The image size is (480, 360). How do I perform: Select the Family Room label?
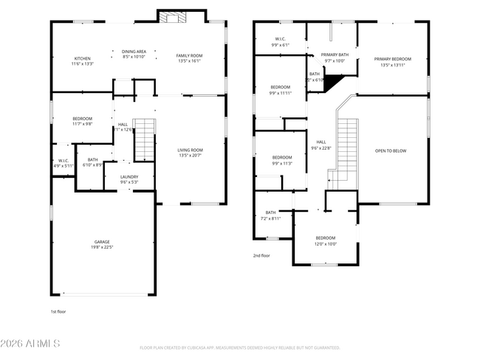(189, 58)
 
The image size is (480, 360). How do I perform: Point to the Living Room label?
(190, 152)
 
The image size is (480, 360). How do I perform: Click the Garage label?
(102, 244)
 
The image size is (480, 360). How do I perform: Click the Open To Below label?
(391, 150)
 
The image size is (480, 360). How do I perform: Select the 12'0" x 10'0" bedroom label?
(326, 240)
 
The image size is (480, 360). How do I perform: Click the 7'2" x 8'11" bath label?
(270, 215)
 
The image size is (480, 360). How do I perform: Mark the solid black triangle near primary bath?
(336, 80)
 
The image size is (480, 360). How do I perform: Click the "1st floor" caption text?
(59, 312)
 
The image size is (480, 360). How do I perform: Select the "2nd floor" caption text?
(261, 255)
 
